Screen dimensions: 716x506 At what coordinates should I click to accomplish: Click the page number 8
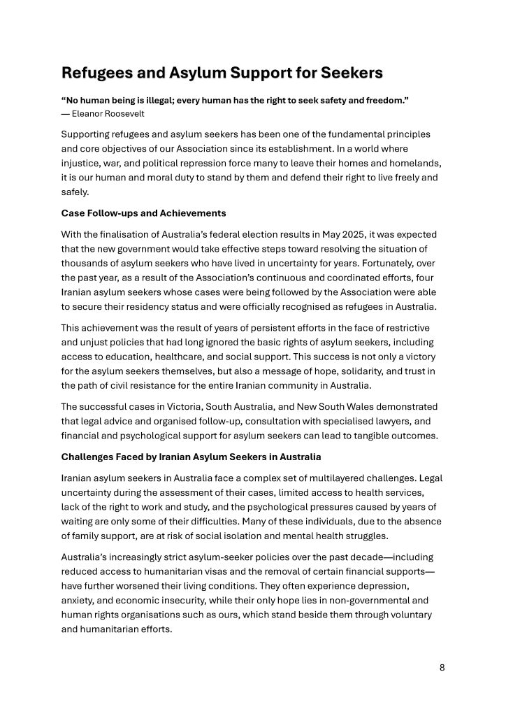(x=442, y=667)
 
